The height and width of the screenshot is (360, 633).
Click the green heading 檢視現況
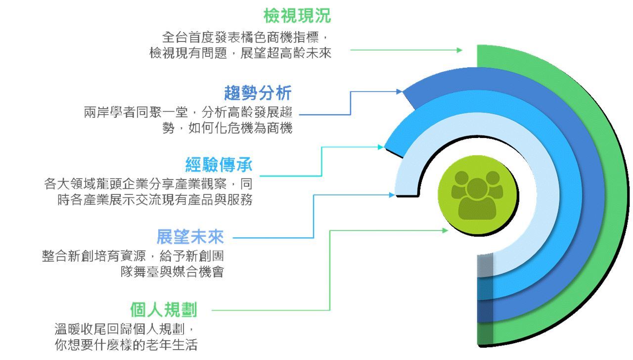[x=297, y=16]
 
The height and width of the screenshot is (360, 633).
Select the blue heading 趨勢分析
[x=258, y=92]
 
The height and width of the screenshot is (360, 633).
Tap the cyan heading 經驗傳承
[x=219, y=165]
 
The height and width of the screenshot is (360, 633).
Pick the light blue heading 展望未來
[x=190, y=237]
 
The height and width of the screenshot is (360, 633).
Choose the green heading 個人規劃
[x=164, y=310]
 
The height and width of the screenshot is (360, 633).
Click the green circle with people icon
[x=477, y=195]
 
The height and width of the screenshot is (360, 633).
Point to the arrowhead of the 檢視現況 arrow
[x=459, y=50]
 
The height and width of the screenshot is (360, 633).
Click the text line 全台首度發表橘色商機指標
[x=245, y=38]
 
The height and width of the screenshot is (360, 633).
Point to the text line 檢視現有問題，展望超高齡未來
[x=240, y=53]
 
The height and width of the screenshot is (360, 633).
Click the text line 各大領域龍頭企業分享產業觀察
[x=148, y=184]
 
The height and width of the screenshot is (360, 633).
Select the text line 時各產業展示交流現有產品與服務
[x=155, y=200]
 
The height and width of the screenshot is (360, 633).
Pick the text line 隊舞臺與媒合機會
[x=172, y=272]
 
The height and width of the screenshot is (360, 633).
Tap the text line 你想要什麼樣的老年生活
[x=126, y=344]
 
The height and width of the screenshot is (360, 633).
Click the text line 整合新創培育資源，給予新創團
[x=133, y=257]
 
